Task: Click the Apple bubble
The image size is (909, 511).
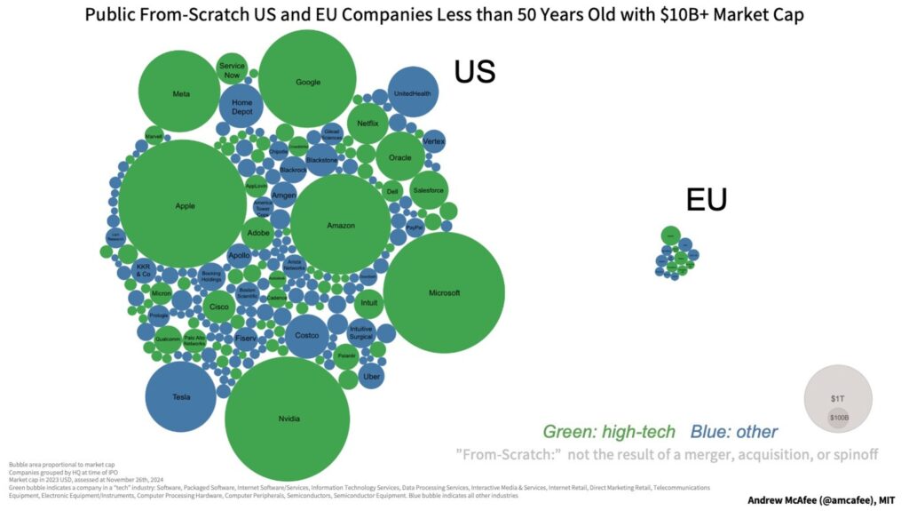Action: point(184,205)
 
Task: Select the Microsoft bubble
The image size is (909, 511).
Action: point(444,293)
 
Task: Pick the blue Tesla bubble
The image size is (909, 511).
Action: point(181,396)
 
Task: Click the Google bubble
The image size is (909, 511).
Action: point(307,82)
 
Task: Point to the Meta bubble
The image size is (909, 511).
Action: point(181,93)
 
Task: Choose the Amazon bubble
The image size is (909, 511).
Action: point(341,225)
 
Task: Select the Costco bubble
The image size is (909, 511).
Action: point(306,335)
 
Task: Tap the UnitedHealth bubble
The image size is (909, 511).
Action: point(412,92)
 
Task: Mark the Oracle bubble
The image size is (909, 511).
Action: point(399,157)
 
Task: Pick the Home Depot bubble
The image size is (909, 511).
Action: point(241,108)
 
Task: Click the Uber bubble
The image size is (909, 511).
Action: point(373,377)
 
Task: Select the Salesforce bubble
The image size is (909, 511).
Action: point(429,190)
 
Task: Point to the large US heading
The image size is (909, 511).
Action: point(474,73)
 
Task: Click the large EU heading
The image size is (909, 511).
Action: point(706,201)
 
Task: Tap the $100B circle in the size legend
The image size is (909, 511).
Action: point(839,417)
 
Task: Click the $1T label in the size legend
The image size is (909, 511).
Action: point(838,399)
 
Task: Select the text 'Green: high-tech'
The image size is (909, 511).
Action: point(610,433)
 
